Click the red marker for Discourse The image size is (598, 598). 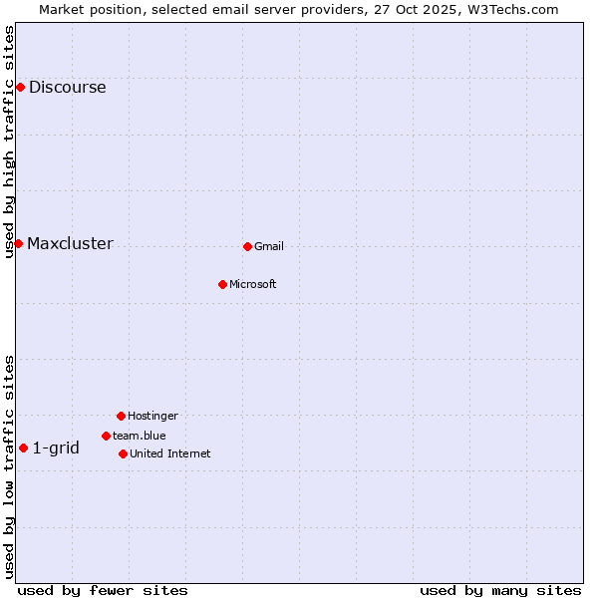[20, 88]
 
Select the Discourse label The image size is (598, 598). [67, 88]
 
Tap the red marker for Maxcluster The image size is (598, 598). [18, 244]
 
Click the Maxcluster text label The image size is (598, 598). [70, 244]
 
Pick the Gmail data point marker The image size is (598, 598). [247, 246]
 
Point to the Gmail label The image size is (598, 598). [269, 247]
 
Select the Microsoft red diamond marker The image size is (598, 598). [222, 284]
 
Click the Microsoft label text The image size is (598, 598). [252, 285]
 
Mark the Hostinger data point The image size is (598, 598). [121, 416]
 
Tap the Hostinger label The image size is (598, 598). [152, 417]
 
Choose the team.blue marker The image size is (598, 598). [106, 436]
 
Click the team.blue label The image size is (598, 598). [139, 437]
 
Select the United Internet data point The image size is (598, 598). [123, 453]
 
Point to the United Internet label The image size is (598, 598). [169, 454]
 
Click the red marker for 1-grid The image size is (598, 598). [23, 448]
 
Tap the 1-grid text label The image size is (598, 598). [56, 448]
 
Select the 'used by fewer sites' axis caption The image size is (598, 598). [103, 591]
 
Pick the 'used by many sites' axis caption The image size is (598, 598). [500, 591]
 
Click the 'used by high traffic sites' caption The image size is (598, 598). [9, 142]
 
